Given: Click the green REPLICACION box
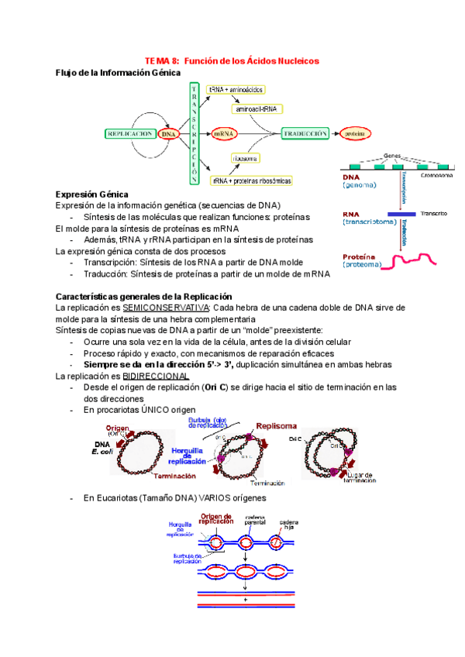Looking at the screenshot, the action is [129, 133].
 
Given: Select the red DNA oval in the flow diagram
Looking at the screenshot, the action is [168, 133].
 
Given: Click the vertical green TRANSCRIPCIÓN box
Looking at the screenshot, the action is [194, 133].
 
